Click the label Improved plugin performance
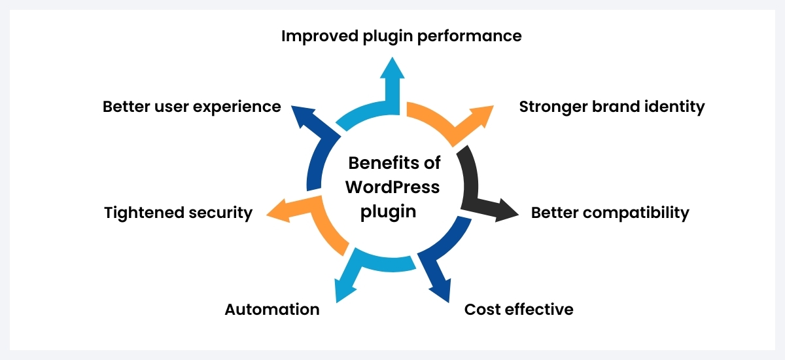point(401,36)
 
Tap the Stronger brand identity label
point(612,107)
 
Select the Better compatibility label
point(610,213)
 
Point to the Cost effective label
point(519,309)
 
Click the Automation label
point(272,309)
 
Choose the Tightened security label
point(178,213)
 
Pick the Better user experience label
point(192,107)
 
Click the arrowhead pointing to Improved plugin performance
point(392,69)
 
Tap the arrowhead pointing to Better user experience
point(302,115)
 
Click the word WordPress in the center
point(392,187)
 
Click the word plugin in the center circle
point(392,212)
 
